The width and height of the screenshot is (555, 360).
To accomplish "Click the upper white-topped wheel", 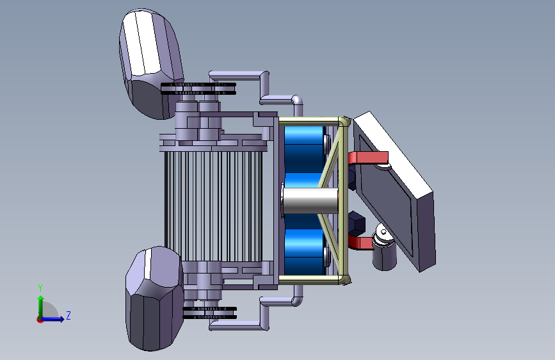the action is coord(152,64).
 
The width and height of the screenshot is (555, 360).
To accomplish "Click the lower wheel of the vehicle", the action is coord(154,299).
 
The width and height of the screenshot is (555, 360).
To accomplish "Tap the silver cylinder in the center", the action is coord(310,200).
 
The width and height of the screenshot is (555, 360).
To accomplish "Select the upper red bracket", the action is coord(368,158).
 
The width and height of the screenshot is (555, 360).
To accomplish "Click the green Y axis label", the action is coord(40,288).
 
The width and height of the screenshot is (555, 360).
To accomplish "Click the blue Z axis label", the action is coord(68,315).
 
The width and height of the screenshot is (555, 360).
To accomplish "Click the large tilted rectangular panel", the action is coord(396,192).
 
